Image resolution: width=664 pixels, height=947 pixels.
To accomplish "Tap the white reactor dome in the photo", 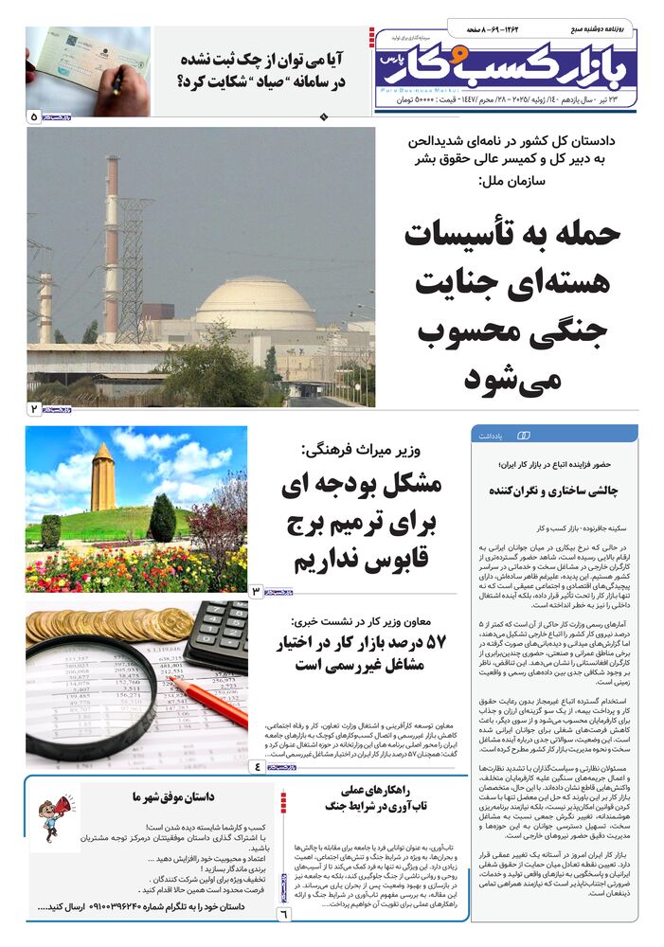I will coord(255,305).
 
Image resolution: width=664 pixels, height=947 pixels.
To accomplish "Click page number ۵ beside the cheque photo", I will coord(35,117).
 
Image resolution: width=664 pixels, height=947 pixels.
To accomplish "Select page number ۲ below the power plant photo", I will coord(34,409).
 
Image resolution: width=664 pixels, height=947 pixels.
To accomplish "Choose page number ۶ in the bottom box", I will coord(282,914).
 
